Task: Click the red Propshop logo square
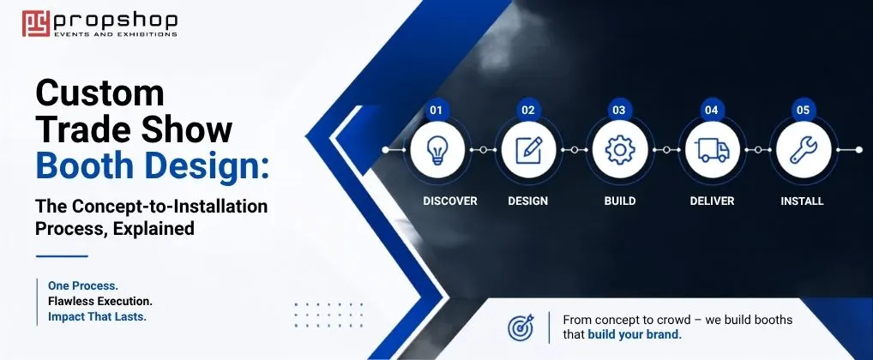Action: (x=36, y=23)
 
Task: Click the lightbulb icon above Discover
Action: (x=437, y=150)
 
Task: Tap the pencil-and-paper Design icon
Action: (x=528, y=150)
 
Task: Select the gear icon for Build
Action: (x=620, y=150)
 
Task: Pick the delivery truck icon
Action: (x=712, y=150)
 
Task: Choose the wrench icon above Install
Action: (x=804, y=150)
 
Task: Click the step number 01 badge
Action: (x=436, y=111)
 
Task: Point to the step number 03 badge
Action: (x=619, y=111)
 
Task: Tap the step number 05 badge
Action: (x=803, y=111)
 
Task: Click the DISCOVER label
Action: (x=450, y=201)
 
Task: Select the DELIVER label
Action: (x=712, y=201)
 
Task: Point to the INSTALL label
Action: (x=802, y=201)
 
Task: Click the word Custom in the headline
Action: (x=100, y=93)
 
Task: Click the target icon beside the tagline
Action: (x=521, y=327)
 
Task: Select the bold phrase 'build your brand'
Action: (x=633, y=335)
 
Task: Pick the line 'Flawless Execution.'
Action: (x=100, y=302)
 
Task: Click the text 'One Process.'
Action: (x=83, y=285)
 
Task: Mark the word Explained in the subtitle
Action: (x=154, y=229)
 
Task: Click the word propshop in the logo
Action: (x=115, y=21)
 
